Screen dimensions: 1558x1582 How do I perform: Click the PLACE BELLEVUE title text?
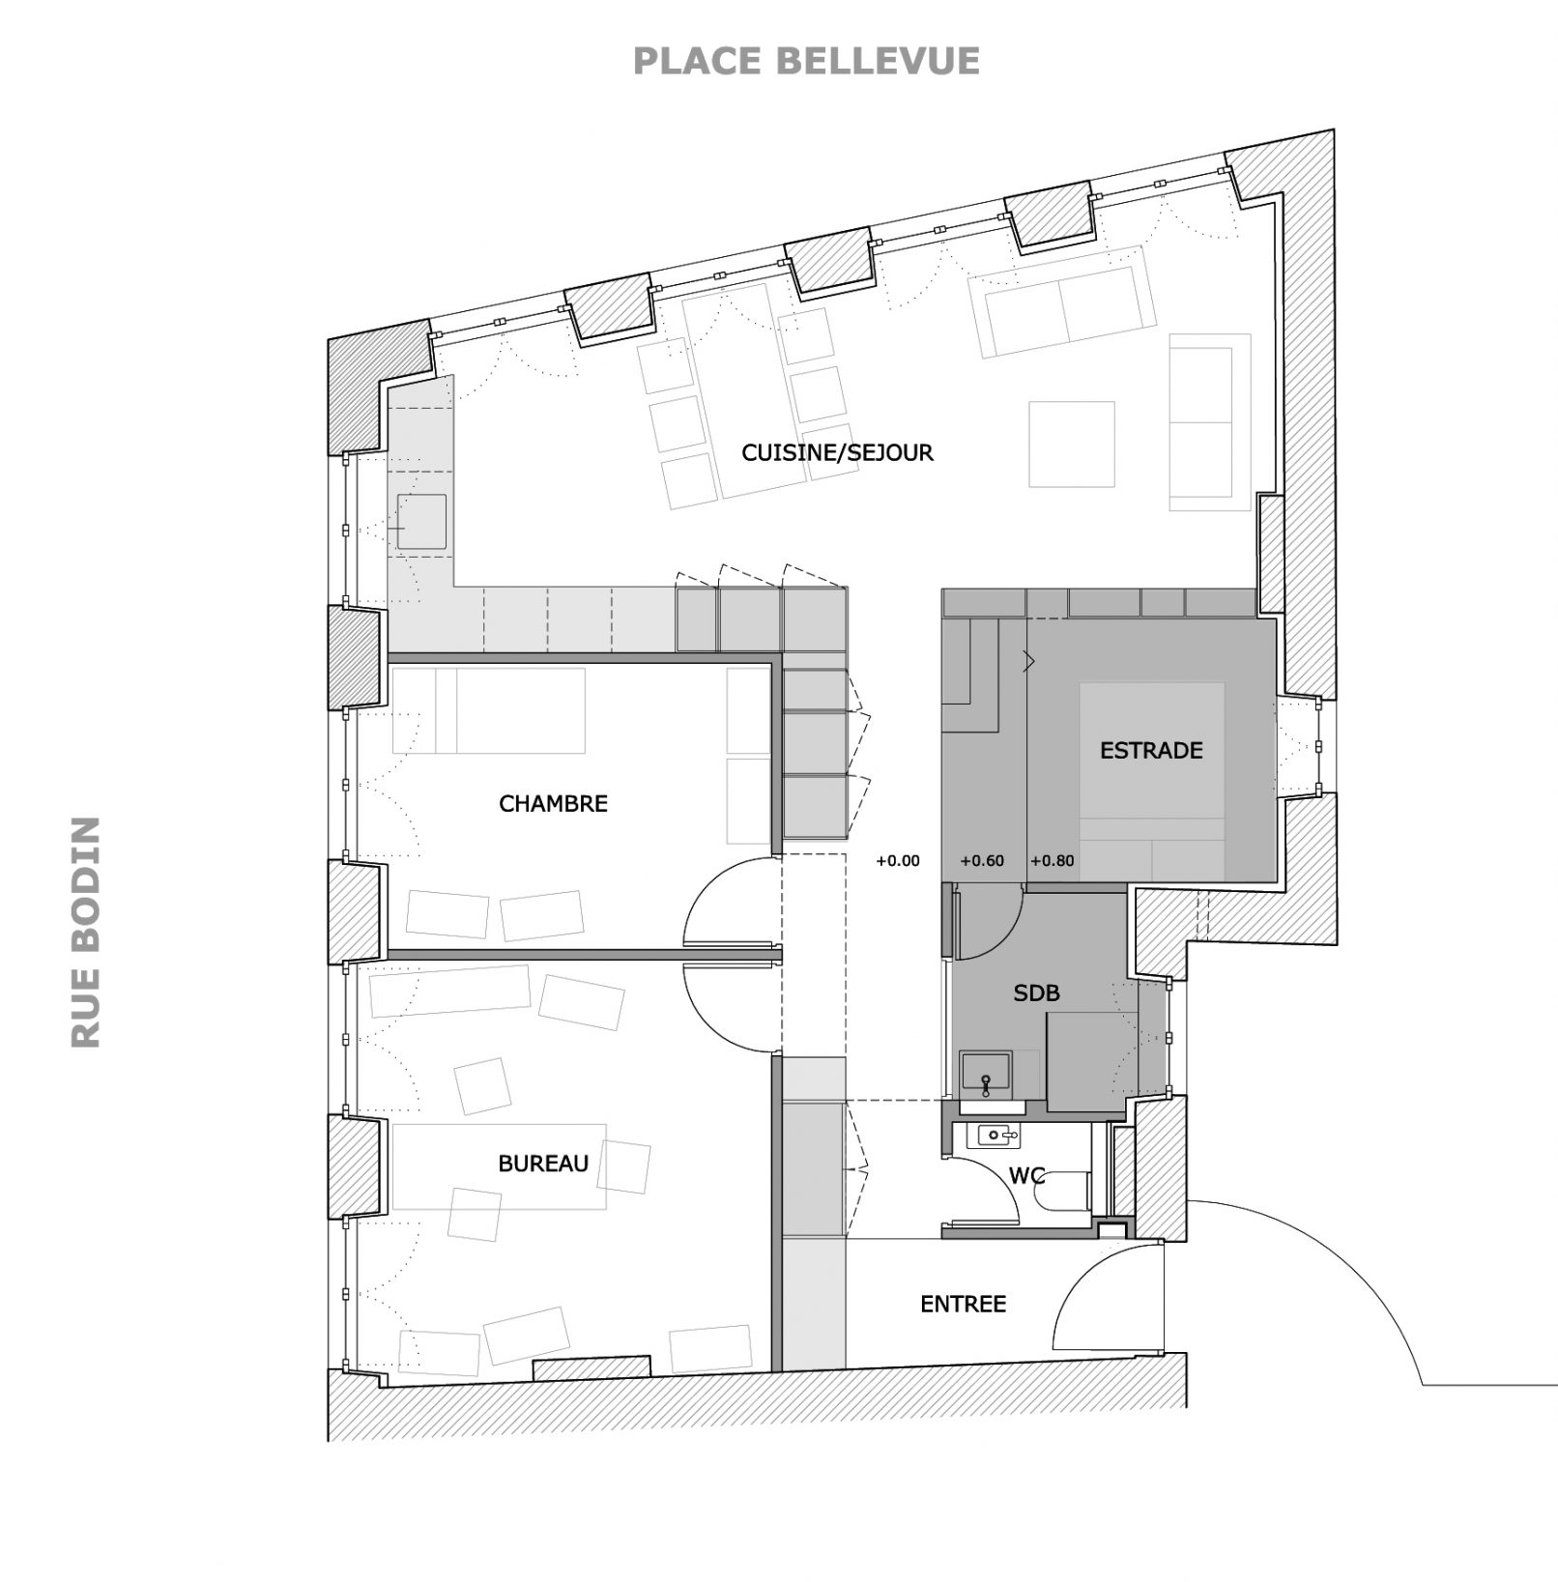point(806,61)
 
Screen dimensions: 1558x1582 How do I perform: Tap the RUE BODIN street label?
point(86,933)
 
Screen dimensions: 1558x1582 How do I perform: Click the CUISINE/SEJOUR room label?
point(837,452)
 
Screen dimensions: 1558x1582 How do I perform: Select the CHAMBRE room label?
point(553,803)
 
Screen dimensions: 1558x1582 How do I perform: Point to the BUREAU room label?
point(543,1164)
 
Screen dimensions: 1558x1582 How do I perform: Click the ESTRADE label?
point(1151,750)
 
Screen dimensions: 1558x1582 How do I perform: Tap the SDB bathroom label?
point(1036,992)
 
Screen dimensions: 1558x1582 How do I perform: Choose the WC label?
point(1026,1175)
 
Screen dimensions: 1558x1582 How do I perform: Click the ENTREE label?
point(963,1304)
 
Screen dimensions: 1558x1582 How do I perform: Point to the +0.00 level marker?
point(898,861)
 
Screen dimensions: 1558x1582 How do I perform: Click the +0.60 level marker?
point(982,861)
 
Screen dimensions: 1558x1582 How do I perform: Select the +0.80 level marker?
point(1053,861)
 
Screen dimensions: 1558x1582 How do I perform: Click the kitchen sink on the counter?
point(422,522)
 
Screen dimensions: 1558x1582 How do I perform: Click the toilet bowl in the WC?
point(1062,1192)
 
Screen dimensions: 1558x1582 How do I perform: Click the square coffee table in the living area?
point(1072,445)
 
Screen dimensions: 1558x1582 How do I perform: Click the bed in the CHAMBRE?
point(489,710)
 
